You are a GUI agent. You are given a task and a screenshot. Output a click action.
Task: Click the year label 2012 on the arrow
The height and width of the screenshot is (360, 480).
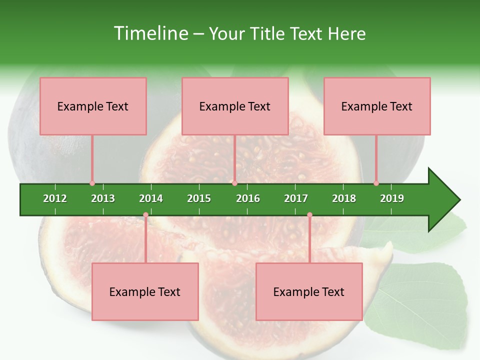tap(55, 198)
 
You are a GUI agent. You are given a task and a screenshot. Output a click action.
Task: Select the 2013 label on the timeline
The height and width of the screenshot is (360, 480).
tap(103, 198)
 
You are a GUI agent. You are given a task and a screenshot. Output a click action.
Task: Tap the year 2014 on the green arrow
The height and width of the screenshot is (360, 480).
tap(151, 198)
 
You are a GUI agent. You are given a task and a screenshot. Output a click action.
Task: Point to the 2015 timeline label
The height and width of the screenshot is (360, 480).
tap(199, 198)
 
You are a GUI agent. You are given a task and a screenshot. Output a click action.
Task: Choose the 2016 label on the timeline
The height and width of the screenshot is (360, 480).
tap(248, 198)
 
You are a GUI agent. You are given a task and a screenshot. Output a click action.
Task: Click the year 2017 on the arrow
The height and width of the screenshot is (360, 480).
tap(296, 198)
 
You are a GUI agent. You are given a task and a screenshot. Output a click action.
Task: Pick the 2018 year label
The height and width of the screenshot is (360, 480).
tap(344, 198)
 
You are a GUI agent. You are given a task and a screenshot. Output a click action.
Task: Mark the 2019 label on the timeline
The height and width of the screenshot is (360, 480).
tap(392, 198)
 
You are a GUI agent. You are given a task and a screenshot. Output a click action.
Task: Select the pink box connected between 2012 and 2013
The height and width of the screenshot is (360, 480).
tap(93, 106)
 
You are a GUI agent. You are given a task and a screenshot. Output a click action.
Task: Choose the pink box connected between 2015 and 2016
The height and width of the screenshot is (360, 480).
tap(235, 106)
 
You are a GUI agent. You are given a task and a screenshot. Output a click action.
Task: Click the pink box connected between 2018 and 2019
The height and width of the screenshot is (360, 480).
tap(377, 106)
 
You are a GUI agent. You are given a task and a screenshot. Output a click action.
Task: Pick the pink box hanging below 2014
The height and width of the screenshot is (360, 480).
tap(145, 291)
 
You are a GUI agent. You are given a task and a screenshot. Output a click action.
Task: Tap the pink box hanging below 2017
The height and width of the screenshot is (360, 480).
tap(309, 291)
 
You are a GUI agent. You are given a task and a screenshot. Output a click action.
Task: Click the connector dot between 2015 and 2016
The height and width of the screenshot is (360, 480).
tap(234, 183)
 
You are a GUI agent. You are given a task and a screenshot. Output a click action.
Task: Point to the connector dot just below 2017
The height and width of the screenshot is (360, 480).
tap(309, 215)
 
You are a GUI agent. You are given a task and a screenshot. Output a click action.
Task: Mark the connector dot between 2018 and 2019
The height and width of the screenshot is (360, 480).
tap(376, 183)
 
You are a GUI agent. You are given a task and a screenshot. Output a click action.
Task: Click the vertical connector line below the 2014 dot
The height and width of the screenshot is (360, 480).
tap(145, 240)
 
